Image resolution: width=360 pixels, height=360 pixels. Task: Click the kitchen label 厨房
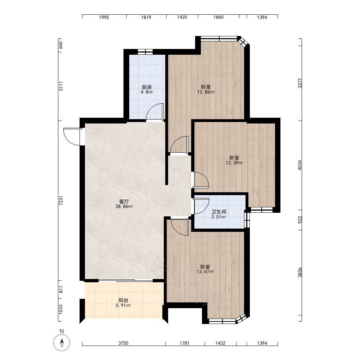147,87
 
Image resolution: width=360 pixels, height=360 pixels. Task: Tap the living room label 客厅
124,202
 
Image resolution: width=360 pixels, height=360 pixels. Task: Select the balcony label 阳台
123,300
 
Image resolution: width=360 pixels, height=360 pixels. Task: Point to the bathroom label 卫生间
219,212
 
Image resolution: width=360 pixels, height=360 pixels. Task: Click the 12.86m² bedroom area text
206,92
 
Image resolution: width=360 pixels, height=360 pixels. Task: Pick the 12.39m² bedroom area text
234,163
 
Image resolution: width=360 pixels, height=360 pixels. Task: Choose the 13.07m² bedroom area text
205,272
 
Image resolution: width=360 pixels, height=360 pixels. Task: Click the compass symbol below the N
62,343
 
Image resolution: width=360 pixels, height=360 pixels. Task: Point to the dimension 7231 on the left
61,201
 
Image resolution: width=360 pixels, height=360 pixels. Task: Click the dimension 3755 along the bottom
123,343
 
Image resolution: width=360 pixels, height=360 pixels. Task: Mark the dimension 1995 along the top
104,17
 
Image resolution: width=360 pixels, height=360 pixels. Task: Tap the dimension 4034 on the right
300,165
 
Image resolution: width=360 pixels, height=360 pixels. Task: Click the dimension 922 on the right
300,220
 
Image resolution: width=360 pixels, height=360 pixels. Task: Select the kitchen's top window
145,51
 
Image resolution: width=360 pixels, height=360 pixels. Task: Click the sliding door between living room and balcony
126,280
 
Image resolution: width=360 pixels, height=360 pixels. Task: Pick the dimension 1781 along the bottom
185,343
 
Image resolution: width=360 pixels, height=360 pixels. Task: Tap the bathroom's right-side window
247,219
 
